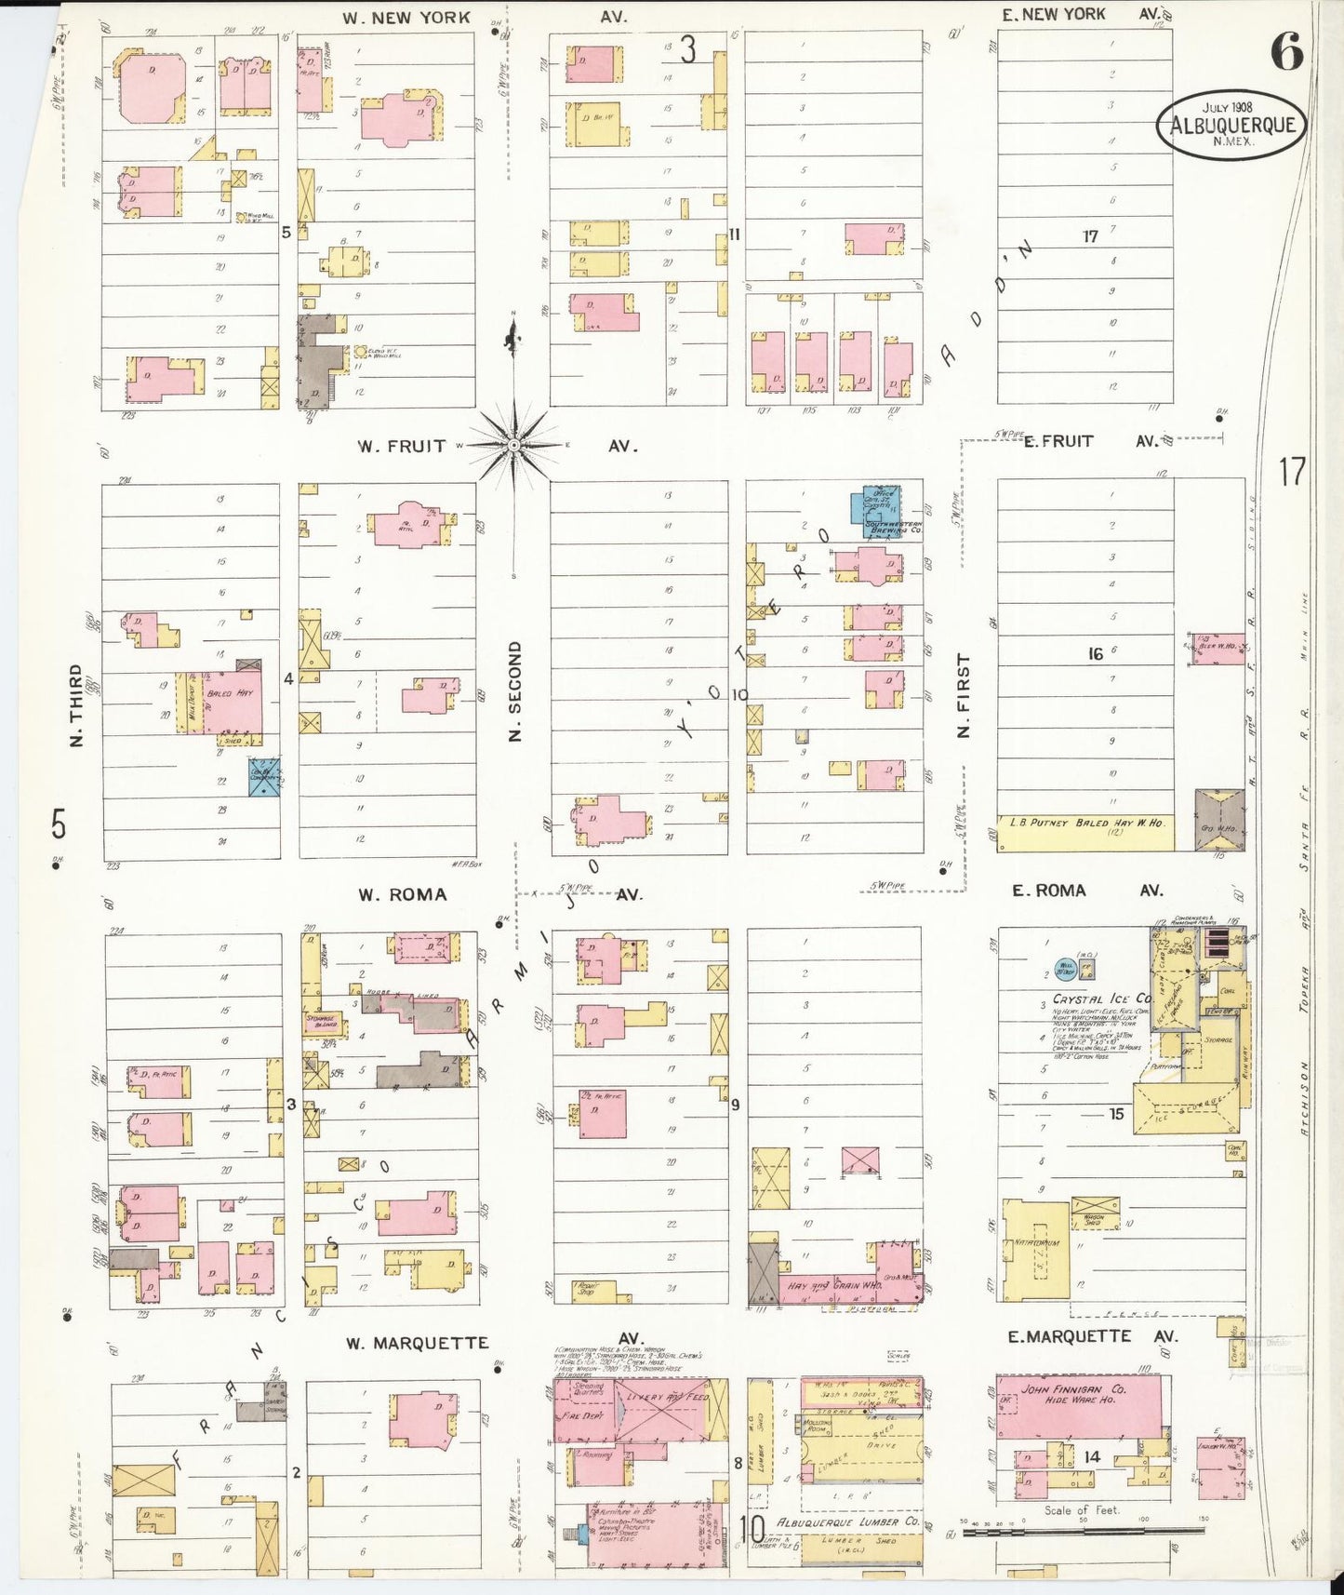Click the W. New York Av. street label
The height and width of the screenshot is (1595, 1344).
406,18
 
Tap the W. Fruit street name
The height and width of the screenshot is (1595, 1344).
402,447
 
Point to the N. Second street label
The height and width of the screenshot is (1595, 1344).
515,690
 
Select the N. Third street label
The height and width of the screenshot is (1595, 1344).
76,704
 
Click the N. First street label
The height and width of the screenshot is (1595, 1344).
964,695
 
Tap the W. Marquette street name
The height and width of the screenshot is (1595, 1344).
417,1343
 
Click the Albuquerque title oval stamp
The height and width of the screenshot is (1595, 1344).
1231,125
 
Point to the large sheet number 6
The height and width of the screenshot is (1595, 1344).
1286,51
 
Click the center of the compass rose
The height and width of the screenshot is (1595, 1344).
513,446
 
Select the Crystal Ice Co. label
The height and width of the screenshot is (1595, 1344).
1102,999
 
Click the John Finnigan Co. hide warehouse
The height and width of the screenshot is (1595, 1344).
1079,1406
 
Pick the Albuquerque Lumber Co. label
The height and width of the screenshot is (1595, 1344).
847,1521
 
